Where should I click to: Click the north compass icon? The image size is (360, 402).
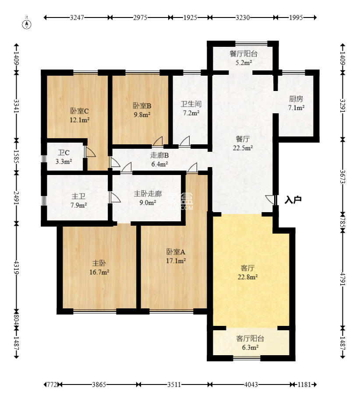click(28, 23)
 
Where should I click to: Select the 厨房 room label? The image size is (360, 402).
click(296, 99)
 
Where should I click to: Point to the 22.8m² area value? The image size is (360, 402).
click(248, 276)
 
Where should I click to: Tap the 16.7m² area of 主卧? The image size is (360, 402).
click(99, 272)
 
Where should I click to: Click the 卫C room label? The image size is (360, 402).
click(64, 153)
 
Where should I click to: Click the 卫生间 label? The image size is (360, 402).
click(191, 105)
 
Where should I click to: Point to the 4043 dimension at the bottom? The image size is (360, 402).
click(251, 385)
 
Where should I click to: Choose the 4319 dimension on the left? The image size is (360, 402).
click(16, 267)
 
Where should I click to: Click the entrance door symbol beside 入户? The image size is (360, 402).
click(271, 200)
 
